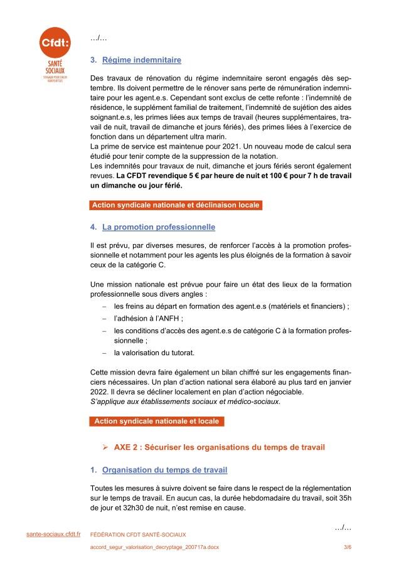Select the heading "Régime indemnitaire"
(141, 60)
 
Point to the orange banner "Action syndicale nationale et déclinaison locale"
(175, 205)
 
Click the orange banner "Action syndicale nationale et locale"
(156, 422)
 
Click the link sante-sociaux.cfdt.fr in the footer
(53, 533)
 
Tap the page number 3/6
(347, 548)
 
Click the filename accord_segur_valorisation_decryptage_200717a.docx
(154, 548)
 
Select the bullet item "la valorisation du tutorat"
(154, 353)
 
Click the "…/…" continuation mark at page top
(98, 39)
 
